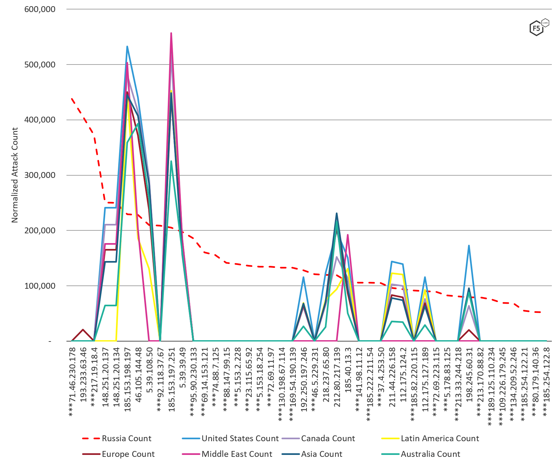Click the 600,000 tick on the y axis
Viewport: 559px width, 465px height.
click(x=40, y=9)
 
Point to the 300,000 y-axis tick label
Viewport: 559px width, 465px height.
click(x=40, y=175)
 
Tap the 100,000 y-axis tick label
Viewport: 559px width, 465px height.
click(x=40, y=286)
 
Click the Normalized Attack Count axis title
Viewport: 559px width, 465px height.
click(x=15, y=175)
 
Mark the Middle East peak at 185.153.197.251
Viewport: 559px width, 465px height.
click(x=171, y=33)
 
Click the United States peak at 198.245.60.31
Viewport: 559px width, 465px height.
click(x=469, y=246)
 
